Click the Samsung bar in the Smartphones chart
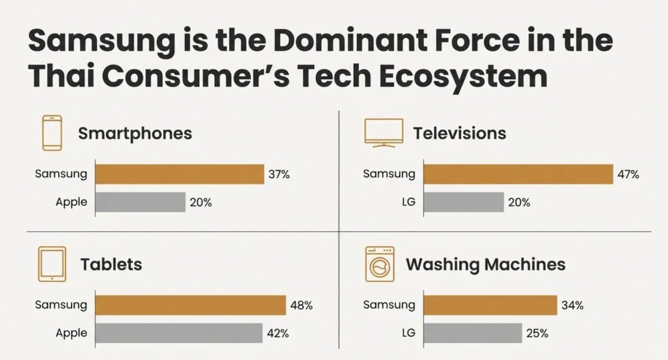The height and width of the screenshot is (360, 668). coord(180,174)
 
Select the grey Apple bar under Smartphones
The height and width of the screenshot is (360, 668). coord(140,202)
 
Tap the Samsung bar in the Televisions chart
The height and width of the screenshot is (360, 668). coord(518,174)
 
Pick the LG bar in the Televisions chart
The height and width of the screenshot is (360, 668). coord(464,202)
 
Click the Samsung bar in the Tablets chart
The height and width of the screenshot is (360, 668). coord(191,305)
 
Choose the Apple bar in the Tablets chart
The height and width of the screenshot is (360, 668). coord(179,333)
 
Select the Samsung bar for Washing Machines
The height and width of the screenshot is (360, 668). coord(490,305)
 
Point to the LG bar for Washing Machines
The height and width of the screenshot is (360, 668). coord(473,333)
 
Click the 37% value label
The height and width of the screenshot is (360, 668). coord(279,174)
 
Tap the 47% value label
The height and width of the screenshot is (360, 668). coord(628,174)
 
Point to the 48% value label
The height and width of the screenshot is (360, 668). coord(302,306)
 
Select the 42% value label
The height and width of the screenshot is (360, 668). coord(278,333)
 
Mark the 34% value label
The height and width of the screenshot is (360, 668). coord(573,306)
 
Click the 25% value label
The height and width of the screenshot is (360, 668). coord(537,333)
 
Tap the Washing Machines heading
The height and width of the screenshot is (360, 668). coord(486,265)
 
